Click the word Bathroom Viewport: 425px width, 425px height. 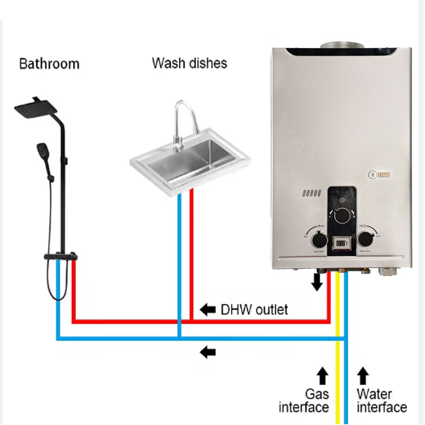(49, 64)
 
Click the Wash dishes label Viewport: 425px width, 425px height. (189, 63)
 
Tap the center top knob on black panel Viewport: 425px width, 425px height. (342, 216)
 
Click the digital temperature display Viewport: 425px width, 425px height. (341, 243)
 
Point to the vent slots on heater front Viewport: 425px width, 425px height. (312, 193)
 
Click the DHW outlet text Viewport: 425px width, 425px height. (254, 309)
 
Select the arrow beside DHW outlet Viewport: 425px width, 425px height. (207, 309)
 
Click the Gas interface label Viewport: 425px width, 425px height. (305, 401)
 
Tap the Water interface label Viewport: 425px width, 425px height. (381, 401)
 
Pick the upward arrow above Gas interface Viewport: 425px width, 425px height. (323, 376)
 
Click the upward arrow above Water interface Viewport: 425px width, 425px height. (363, 376)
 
